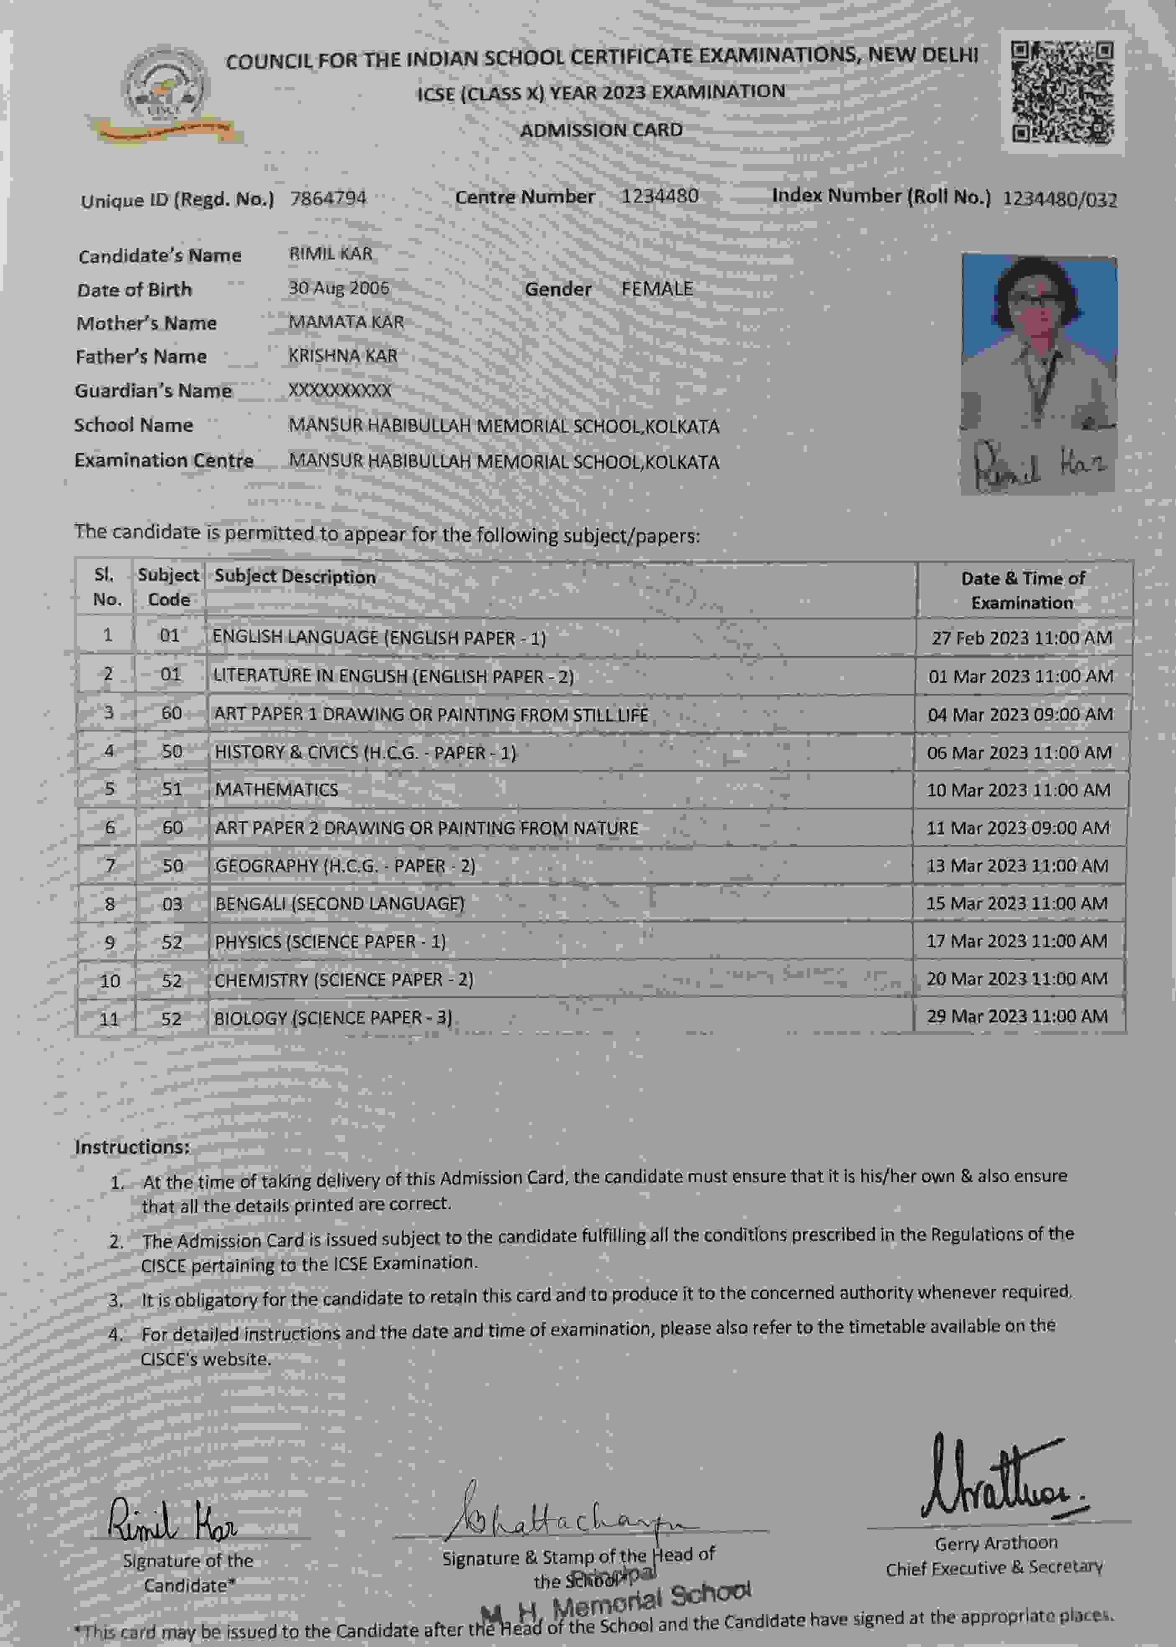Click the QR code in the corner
click(1062, 92)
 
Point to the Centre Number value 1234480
click(659, 196)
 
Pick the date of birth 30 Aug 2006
click(339, 288)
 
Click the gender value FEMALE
click(657, 288)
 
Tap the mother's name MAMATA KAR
click(346, 322)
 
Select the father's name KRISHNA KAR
click(342, 356)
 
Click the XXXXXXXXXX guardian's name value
click(340, 391)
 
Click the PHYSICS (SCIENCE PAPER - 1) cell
click(330, 942)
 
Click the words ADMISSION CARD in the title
click(601, 130)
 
